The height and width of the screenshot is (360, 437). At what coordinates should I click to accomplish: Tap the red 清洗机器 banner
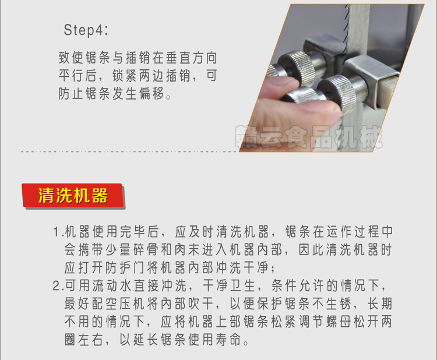click(73, 196)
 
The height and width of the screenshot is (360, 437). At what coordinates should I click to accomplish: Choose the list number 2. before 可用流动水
click(57, 285)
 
